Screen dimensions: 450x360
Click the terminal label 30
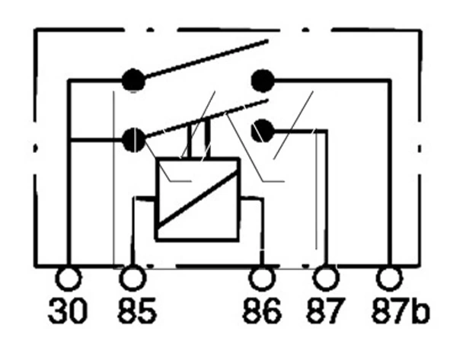pos(68,311)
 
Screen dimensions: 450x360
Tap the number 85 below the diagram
pos(138,311)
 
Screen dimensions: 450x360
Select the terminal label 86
pos(262,311)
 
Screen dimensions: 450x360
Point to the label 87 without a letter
pos(324,311)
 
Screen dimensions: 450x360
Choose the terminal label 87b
pos(401,311)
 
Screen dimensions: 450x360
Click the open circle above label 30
pos(68,279)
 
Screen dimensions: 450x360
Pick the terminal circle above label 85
pos(132,279)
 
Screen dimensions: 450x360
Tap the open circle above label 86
pos(262,279)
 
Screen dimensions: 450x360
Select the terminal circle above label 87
pos(327,279)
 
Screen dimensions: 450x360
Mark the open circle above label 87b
pos(389,279)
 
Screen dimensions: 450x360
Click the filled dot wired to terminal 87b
pos(263,81)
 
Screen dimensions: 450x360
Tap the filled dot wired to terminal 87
pos(262,131)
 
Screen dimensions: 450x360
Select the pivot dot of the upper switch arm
pos(134,81)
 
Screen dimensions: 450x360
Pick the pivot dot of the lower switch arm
pos(134,140)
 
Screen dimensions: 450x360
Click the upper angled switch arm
pos(206,59)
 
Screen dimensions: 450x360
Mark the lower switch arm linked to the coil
pos(206,118)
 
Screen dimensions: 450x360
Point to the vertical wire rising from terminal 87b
pos(389,174)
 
